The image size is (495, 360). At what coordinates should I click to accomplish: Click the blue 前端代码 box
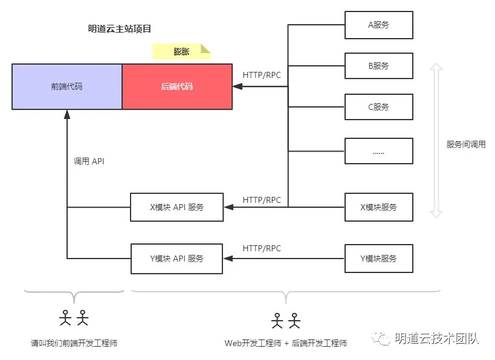click(x=67, y=86)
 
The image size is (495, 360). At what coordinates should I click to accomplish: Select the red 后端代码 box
click(x=177, y=86)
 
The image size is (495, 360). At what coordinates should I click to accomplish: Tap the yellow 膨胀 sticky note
click(x=181, y=52)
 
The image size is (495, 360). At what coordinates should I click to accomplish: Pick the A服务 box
click(x=378, y=25)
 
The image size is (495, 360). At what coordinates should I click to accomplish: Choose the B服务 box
click(x=378, y=66)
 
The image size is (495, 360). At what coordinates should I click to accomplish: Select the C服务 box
click(x=378, y=108)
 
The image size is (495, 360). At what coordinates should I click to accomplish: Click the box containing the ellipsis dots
click(x=378, y=151)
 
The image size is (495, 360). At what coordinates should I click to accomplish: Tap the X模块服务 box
click(x=378, y=207)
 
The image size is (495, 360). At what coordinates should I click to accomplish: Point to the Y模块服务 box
click(x=378, y=259)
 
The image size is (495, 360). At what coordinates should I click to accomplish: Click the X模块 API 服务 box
click(x=176, y=207)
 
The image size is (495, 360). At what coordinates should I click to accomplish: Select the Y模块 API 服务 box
click(x=176, y=259)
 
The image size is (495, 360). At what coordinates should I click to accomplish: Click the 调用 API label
click(x=89, y=161)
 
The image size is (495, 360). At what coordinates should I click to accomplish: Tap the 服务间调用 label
click(x=466, y=144)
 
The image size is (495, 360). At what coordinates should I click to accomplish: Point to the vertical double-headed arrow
click(x=436, y=139)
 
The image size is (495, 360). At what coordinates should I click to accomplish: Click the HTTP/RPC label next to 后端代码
click(x=262, y=75)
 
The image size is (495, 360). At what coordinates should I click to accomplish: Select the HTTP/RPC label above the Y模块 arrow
click(x=262, y=248)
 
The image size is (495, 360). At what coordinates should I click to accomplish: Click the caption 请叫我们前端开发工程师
click(x=74, y=343)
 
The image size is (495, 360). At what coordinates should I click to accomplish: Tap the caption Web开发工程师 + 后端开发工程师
click(x=286, y=343)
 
